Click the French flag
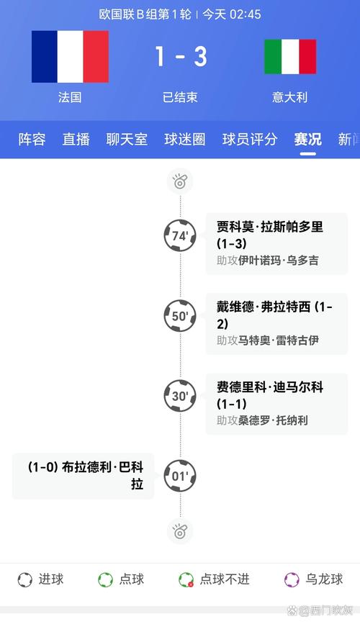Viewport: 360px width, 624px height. tap(70, 57)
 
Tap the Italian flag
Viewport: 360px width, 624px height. tap(290, 57)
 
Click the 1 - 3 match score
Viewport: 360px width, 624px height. tap(181, 56)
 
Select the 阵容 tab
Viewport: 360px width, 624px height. tap(32, 140)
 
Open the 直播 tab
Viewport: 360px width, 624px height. tap(76, 140)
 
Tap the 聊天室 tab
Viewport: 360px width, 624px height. tap(127, 140)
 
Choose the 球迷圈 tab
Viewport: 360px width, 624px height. tap(185, 140)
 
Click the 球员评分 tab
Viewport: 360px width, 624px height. tap(250, 140)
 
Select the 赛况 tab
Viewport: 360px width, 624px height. tap(308, 140)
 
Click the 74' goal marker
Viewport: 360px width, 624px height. tap(180, 235)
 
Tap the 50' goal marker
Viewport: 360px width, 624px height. tap(180, 316)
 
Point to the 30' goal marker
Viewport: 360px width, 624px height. tap(180, 396)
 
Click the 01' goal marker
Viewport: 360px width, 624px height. tap(180, 476)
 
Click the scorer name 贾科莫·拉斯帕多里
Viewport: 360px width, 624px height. tap(269, 227)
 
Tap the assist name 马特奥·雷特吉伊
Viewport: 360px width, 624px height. tap(279, 340)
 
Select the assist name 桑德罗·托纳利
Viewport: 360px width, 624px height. tap(273, 420)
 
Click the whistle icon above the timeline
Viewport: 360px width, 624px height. tap(180, 181)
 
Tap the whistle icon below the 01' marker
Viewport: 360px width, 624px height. tap(180, 531)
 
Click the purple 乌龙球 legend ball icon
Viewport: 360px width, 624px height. tap(292, 579)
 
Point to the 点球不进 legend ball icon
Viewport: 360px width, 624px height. tap(186, 579)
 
